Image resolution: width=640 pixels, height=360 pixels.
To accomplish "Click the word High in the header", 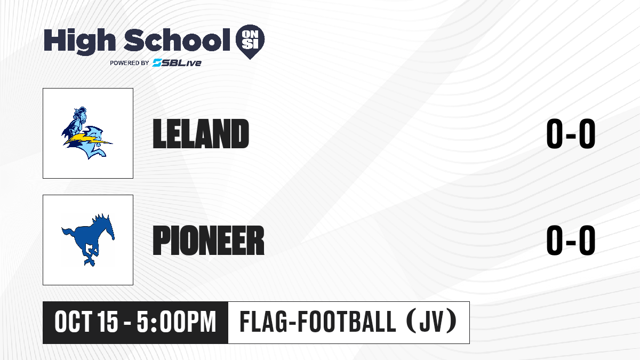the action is pyautogui.click(x=79, y=42).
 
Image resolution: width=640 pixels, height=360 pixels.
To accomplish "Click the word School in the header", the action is pyautogui.click(x=177, y=40).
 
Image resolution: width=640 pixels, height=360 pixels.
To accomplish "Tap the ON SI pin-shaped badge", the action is pyautogui.click(x=250, y=42).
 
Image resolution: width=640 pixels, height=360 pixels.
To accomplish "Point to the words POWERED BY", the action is pyautogui.click(x=130, y=63).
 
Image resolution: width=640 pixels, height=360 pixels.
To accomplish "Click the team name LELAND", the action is pyautogui.click(x=201, y=134).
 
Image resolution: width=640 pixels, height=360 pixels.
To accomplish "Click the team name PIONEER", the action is pyautogui.click(x=209, y=241).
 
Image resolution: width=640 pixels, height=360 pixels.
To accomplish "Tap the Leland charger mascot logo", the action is pyautogui.click(x=87, y=133).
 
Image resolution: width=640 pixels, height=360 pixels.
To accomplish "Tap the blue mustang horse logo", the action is pyautogui.click(x=88, y=239).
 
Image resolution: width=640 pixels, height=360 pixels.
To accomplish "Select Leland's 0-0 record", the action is pyautogui.click(x=571, y=134).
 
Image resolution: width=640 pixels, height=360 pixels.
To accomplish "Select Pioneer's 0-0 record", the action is pyautogui.click(x=571, y=241).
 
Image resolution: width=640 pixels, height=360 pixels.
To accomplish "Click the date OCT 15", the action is pyautogui.click(x=86, y=322).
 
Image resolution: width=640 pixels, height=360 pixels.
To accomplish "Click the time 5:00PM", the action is pyautogui.click(x=177, y=322).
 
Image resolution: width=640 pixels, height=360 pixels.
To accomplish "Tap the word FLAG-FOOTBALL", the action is pyautogui.click(x=318, y=322).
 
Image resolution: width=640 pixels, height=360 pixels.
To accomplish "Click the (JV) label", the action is pyautogui.click(x=431, y=322).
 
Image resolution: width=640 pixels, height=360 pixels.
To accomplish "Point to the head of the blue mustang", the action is pyautogui.click(x=107, y=226).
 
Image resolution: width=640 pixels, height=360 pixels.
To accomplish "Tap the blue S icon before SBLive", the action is pyautogui.click(x=157, y=63).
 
